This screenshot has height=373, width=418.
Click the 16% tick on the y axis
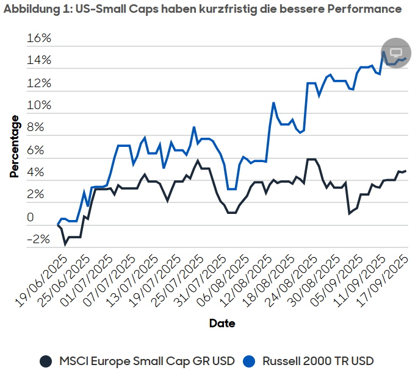click(39, 38)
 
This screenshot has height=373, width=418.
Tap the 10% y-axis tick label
click(39, 105)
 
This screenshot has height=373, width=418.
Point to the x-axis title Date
click(222, 323)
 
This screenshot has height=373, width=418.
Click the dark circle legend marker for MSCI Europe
click(46, 361)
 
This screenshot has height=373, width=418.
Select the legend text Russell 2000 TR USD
click(318, 361)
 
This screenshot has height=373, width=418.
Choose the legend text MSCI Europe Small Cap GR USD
click(146, 361)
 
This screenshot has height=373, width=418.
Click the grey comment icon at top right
click(395, 53)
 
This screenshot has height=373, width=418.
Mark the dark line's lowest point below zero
click(65, 244)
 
